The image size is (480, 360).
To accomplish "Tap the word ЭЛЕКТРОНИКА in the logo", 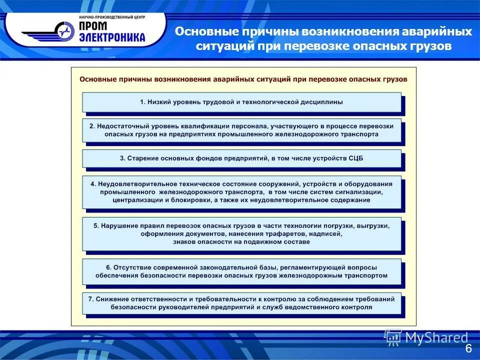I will (x=111, y=36).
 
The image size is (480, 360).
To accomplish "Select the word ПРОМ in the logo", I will (x=94, y=25).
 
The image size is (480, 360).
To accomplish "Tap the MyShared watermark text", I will (x=436, y=338).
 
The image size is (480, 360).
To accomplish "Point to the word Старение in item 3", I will (x=141, y=158).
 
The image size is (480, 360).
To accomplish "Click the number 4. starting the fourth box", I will (x=93, y=184).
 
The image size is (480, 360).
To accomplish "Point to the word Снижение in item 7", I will (x=112, y=299).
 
